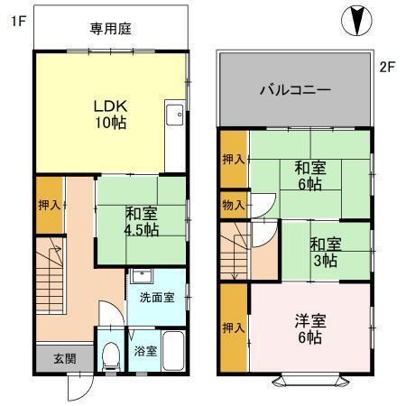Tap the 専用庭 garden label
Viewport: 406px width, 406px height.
(x=111, y=29)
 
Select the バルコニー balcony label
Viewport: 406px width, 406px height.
(x=295, y=90)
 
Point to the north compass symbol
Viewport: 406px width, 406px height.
(x=358, y=19)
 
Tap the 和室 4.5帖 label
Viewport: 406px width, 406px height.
(x=142, y=222)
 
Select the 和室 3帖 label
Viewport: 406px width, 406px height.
(x=326, y=251)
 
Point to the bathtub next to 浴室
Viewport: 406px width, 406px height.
(x=174, y=351)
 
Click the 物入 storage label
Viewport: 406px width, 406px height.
(x=233, y=206)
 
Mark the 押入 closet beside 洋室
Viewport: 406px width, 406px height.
(x=233, y=328)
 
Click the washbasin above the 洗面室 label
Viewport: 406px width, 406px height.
(x=143, y=277)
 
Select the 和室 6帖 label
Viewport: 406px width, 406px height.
(x=311, y=175)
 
